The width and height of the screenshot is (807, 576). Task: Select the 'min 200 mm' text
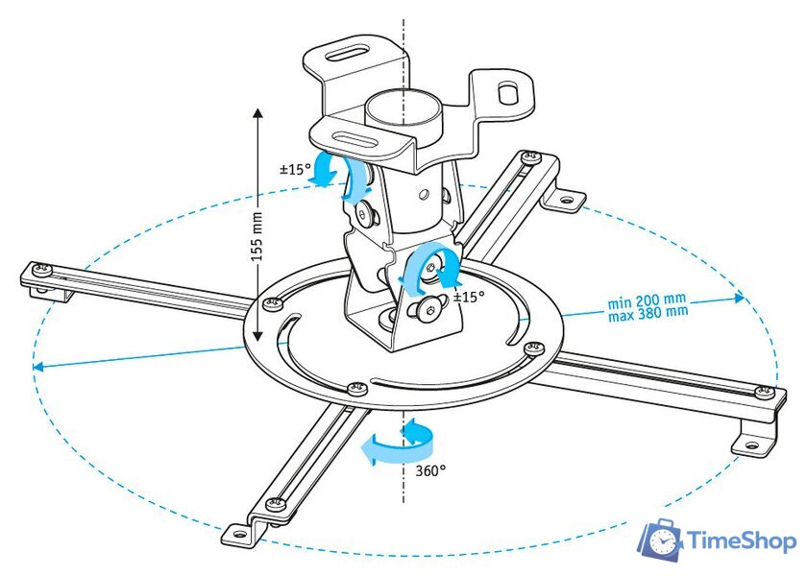[646, 301]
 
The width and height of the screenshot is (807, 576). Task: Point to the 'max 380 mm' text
[648, 313]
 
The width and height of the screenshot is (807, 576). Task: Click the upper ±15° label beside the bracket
[293, 169]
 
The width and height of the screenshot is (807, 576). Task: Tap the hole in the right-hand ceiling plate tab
[511, 93]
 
